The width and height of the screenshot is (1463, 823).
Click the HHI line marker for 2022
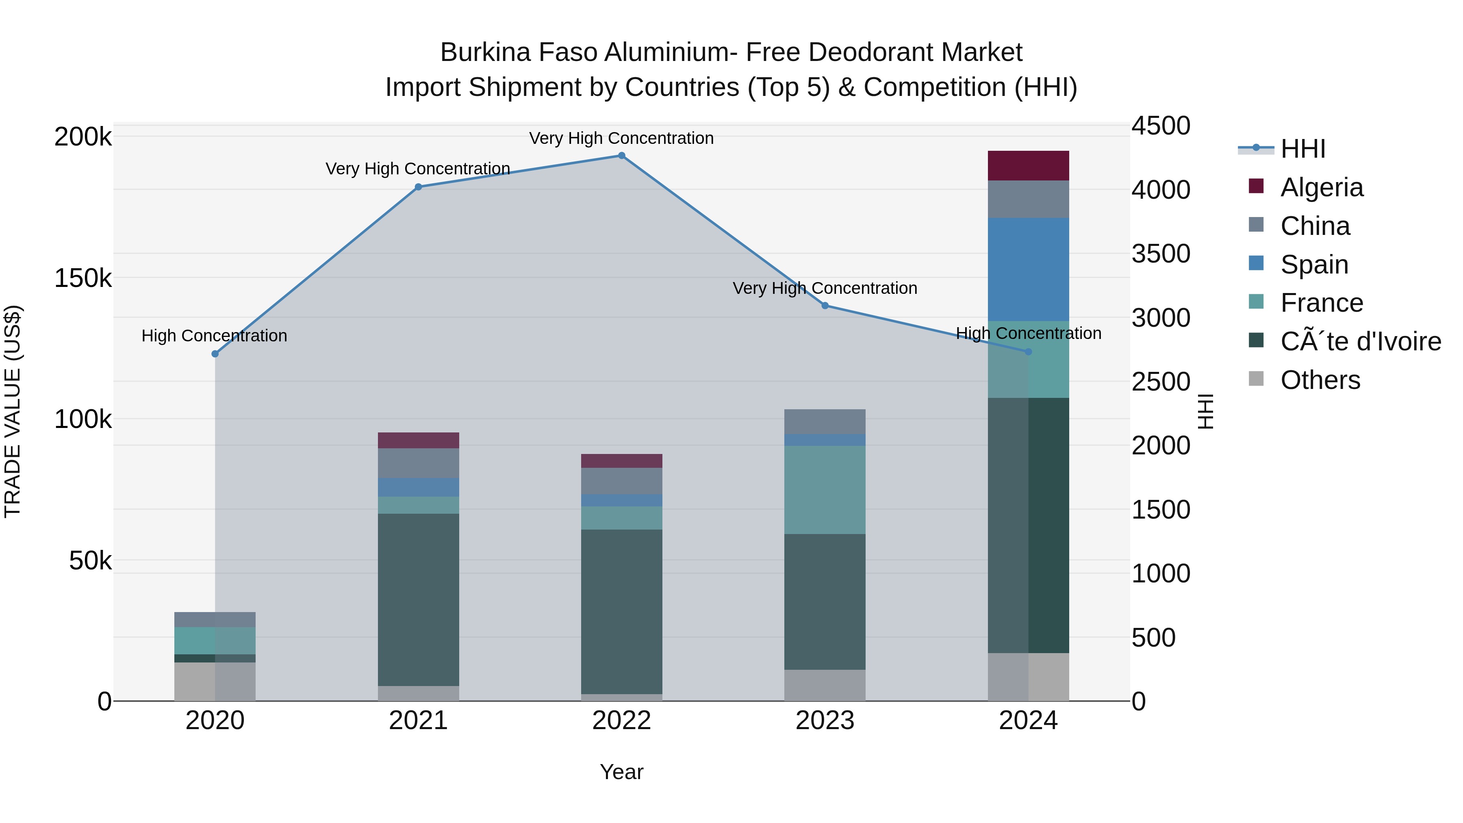tap(621, 156)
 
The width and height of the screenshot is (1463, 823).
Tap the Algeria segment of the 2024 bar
tap(1028, 166)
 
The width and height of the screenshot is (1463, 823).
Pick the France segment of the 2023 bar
tap(825, 490)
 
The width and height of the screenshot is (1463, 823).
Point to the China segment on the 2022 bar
tap(621, 481)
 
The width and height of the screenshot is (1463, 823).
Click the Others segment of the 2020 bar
tap(215, 682)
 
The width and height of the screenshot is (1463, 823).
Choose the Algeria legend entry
tap(1321, 187)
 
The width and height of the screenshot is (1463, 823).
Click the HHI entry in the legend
tap(1303, 149)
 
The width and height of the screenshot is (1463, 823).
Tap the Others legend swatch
tap(1256, 379)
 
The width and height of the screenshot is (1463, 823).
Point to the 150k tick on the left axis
tap(83, 278)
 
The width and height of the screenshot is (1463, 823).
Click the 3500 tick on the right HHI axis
tap(1160, 254)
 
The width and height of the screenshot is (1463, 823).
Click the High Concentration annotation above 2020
tap(214, 336)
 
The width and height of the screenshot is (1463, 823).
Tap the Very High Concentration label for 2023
tap(825, 288)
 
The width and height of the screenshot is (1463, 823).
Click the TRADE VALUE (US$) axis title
tap(13, 411)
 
